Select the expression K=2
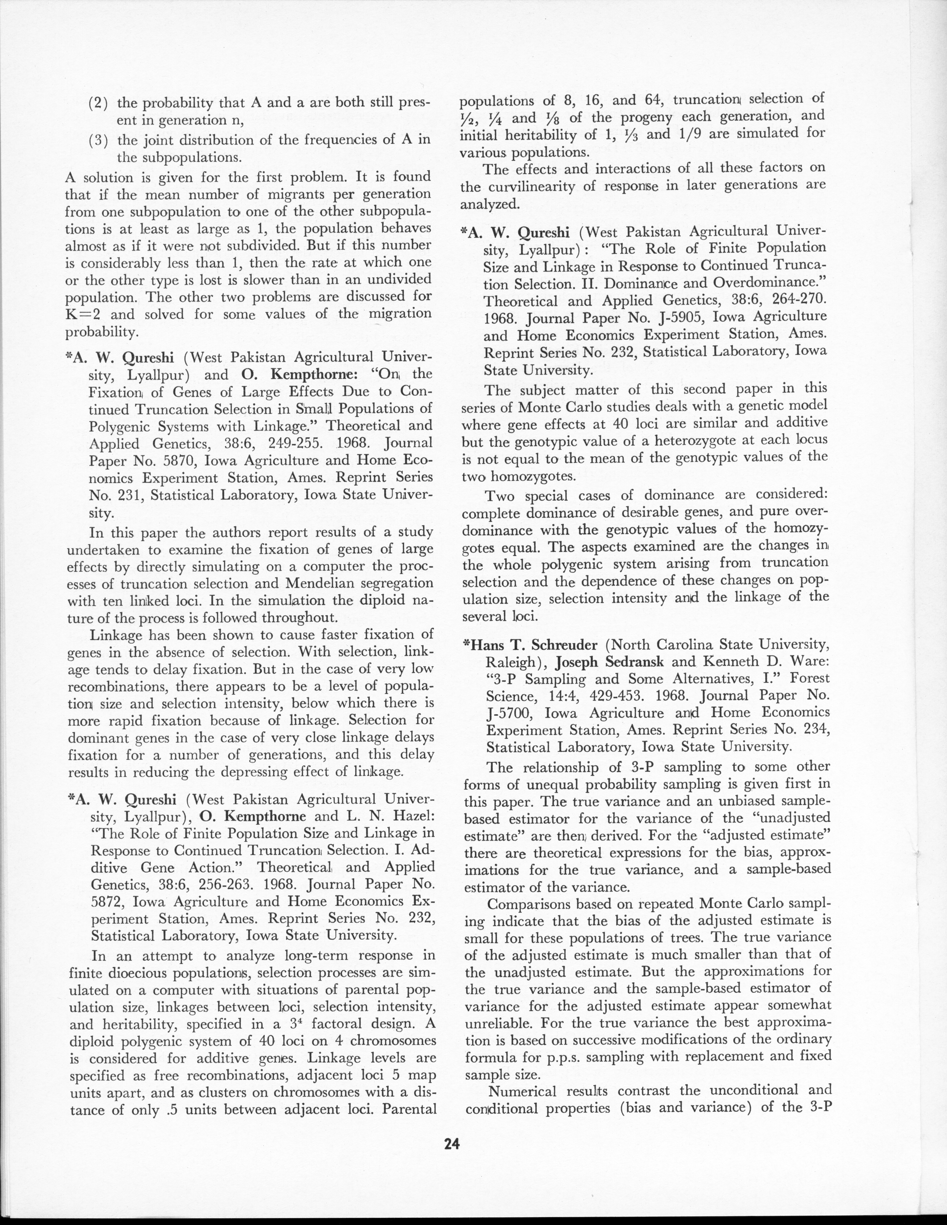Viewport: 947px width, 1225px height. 83,314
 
